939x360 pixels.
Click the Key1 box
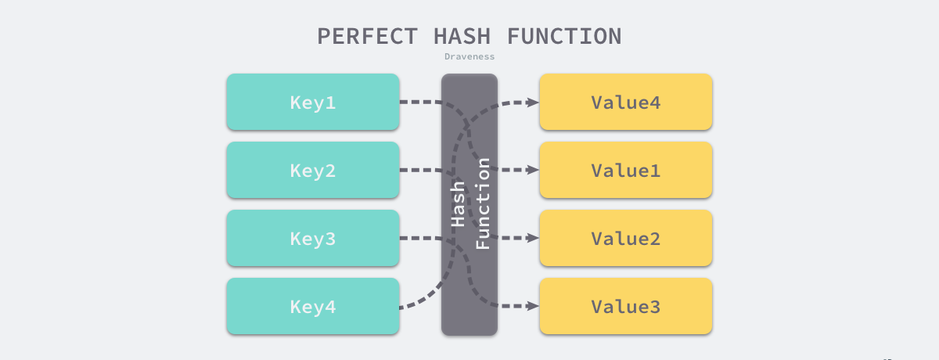coord(313,102)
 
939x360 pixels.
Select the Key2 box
coord(313,170)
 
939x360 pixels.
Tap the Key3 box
coord(313,238)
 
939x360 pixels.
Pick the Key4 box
coord(313,307)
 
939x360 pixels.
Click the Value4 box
coord(625,102)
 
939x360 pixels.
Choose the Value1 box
coord(625,170)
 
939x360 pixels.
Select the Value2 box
coord(625,238)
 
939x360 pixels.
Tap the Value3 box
coord(625,307)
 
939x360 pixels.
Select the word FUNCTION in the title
coord(564,36)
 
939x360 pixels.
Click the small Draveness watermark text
coord(469,56)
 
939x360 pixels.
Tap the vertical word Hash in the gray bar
coord(459,203)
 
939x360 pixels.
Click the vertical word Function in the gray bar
coord(483,203)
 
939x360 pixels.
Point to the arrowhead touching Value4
coord(532,102)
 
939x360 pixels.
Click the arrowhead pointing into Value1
coord(532,170)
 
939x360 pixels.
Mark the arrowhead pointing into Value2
coord(532,238)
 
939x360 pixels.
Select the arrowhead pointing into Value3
coord(532,306)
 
